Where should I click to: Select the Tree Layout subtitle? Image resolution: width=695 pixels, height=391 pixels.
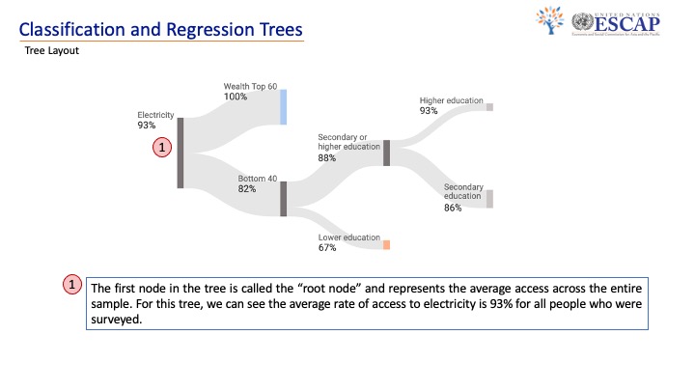click(52, 51)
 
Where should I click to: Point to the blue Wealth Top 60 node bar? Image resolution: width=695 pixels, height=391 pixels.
click(283, 107)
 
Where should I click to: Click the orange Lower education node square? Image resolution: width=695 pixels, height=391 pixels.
click(386, 245)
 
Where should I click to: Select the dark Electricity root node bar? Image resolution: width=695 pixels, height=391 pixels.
click(180, 153)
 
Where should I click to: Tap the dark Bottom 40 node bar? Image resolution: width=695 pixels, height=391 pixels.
click(284, 199)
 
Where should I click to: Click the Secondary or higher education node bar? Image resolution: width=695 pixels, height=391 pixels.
click(386, 153)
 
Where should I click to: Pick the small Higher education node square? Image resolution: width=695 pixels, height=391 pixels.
click(489, 107)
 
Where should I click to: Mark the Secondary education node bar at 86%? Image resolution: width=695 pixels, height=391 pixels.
click(489, 199)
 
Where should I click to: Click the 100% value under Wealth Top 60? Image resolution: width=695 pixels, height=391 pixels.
click(236, 97)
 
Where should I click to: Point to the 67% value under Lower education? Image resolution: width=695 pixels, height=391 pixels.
click(327, 248)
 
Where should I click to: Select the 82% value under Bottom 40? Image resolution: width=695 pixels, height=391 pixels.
click(247, 189)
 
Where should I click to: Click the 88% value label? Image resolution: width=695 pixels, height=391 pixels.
click(327, 158)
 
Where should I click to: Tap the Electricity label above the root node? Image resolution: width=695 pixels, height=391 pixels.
click(155, 115)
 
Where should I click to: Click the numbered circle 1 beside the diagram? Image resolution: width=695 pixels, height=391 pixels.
click(163, 148)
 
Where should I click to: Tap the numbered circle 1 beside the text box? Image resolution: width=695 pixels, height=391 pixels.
click(73, 286)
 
